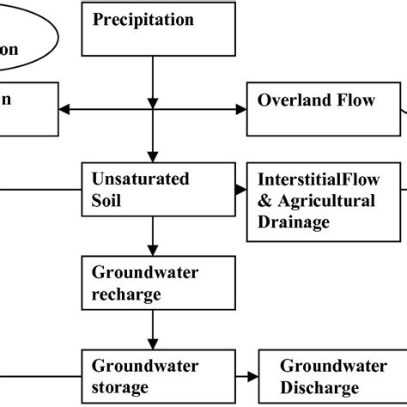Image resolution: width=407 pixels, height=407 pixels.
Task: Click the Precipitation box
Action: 151,29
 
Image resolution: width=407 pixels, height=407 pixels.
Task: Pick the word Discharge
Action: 319,386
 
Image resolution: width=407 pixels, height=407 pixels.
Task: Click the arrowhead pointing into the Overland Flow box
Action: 241,109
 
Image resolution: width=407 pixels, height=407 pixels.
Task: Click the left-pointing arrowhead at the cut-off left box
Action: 64,109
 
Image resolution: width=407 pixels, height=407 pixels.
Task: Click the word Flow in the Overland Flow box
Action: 355,100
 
